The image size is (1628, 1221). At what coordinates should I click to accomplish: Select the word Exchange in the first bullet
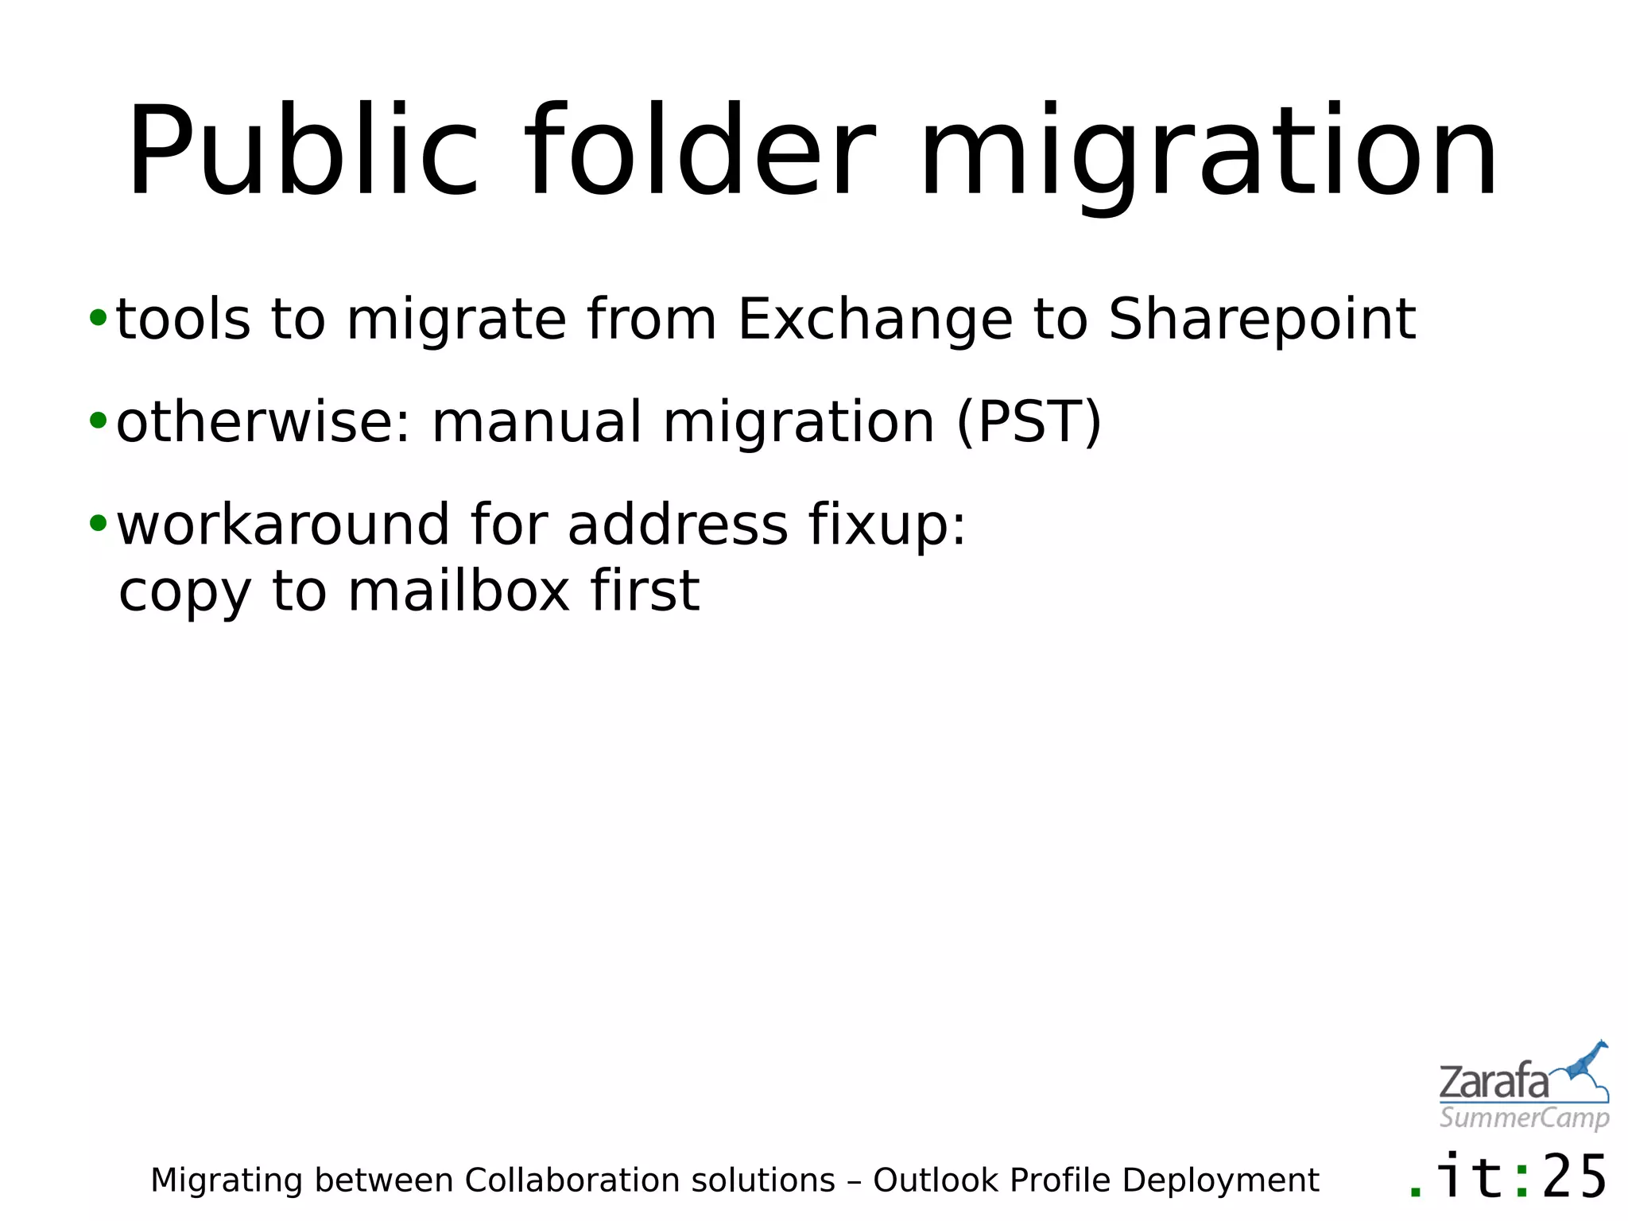point(874,320)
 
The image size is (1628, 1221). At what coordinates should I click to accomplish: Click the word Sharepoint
point(1262,320)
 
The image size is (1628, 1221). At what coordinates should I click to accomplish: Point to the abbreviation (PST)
point(1029,422)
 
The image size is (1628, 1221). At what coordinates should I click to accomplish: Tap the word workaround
point(283,525)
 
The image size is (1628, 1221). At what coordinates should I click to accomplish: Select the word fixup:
point(887,525)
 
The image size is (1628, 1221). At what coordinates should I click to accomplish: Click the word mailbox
point(459,591)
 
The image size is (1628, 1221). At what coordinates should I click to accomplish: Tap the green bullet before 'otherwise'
point(98,421)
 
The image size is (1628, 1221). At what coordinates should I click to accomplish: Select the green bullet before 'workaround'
point(98,523)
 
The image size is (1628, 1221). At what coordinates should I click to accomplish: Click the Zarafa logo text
point(1494,1083)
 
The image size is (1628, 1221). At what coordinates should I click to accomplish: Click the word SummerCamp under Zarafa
point(1524,1118)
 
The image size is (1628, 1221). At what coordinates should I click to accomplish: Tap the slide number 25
point(1575,1177)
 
